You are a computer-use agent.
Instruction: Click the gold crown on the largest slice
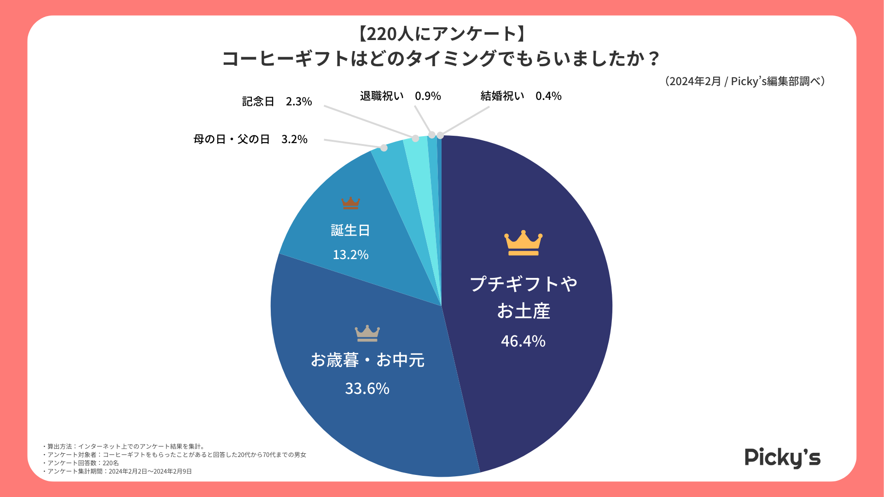[523, 243]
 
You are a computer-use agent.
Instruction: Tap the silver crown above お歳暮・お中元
[367, 333]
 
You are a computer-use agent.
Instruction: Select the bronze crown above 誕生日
[350, 203]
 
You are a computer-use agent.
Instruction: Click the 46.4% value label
[523, 341]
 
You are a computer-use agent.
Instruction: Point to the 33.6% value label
[367, 388]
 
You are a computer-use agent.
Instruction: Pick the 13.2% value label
[350, 254]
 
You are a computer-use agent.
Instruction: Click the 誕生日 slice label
[350, 230]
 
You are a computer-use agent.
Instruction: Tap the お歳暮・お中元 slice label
[367, 360]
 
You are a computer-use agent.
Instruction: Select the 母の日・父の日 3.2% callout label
[250, 139]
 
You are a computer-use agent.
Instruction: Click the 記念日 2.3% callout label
[277, 101]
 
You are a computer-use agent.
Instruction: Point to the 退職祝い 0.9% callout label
[400, 96]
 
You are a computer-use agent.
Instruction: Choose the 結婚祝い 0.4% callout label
[521, 96]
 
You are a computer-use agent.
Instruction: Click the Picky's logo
[782, 458]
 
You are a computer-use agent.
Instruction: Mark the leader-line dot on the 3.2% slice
[384, 148]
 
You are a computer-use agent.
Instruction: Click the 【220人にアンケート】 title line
[442, 34]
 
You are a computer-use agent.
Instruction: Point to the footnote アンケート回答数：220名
[82, 463]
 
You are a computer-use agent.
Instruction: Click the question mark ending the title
[653, 59]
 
